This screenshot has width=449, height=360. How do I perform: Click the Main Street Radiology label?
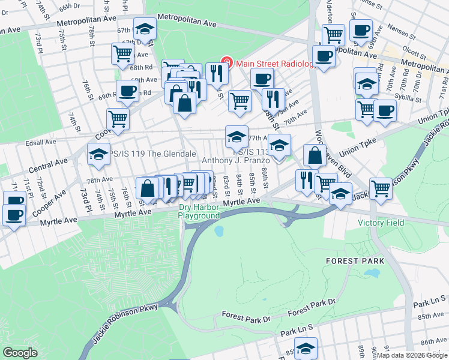(x=276, y=64)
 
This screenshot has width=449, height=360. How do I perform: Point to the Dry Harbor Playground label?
(x=199, y=212)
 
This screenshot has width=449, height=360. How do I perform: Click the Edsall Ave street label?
(x=40, y=143)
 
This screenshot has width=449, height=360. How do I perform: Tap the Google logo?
(x=20, y=353)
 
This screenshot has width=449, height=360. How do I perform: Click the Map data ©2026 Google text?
(x=411, y=355)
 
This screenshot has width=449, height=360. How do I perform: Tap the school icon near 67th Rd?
(x=145, y=29)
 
